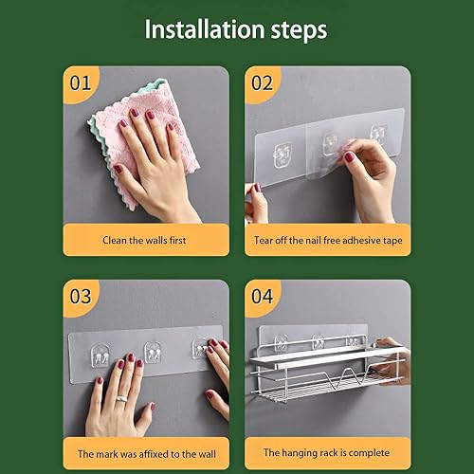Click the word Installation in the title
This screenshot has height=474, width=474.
(x=205, y=29)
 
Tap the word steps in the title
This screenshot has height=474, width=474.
(x=299, y=30)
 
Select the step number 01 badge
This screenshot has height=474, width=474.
(x=81, y=83)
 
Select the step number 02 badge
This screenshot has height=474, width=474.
(x=262, y=83)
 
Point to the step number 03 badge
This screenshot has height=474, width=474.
(x=81, y=297)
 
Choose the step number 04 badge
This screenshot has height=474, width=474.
(x=262, y=297)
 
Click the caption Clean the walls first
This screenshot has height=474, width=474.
(x=144, y=240)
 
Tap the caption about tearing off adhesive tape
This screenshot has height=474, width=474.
(x=328, y=241)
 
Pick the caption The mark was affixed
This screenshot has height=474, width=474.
(x=147, y=454)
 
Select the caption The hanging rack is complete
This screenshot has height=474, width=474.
(x=326, y=453)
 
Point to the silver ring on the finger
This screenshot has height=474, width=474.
(x=121, y=399)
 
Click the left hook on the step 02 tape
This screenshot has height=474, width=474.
(x=283, y=155)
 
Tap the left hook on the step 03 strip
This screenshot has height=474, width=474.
(x=100, y=356)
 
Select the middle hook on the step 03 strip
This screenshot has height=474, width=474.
(x=154, y=352)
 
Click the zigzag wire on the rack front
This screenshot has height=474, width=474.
(x=348, y=378)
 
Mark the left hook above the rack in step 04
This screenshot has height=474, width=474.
(x=281, y=343)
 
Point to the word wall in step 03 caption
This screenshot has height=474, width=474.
(x=208, y=454)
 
